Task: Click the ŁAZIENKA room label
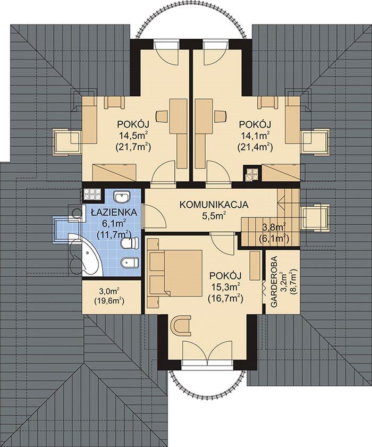(x=114, y=213)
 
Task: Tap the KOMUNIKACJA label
(x=214, y=205)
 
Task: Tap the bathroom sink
(x=122, y=197)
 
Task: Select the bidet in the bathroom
(x=130, y=263)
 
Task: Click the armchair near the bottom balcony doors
(x=181, y=326)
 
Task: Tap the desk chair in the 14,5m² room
(x=162, y=116)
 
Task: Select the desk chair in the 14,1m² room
(x=221, y=116)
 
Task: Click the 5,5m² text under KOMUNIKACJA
(x=214, y=216)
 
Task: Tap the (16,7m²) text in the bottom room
(x=225, y=299)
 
